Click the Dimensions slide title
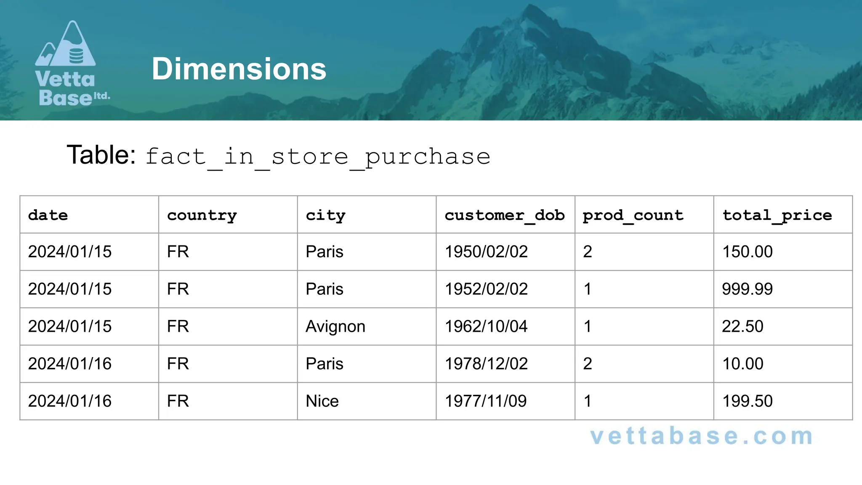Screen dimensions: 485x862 point(239,69)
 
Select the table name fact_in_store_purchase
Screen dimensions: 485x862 point(318,157)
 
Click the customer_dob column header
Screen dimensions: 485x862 point(504,215)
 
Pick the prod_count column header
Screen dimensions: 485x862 point(633,215)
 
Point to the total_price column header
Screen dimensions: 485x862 point(777,215)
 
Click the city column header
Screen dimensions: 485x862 point(325,215)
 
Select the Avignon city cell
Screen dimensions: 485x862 point(335,327)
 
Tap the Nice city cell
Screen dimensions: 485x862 point(322,401)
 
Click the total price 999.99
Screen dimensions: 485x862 point(747,289)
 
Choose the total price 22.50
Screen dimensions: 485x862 point(742,327)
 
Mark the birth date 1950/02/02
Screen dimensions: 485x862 point(486,252)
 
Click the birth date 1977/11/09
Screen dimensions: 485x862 point(486,401)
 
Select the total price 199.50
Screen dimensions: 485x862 point(747,401)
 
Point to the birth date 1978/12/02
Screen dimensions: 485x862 point(486,364)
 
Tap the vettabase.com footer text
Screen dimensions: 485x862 point(701,436)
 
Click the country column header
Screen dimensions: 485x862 point(202,215)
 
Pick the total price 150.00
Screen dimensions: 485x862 point(747,252)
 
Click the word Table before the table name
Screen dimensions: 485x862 point(101,155)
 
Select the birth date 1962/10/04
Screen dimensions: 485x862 point(486,327)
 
